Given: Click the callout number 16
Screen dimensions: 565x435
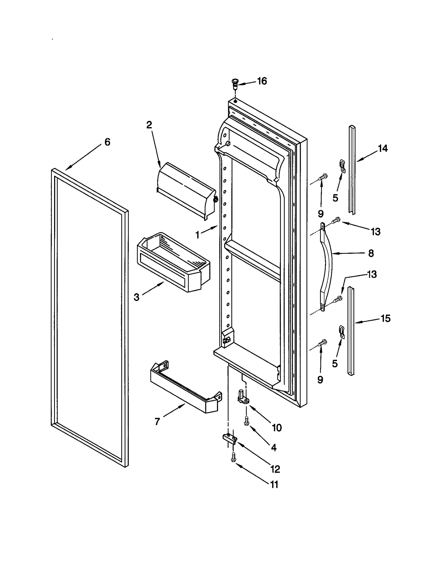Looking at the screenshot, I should (262, 81).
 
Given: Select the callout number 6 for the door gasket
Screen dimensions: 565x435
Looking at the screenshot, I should (107, 142).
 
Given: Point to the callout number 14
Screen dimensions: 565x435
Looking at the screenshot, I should (383, 148).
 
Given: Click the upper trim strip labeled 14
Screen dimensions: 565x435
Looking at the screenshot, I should (352, 169).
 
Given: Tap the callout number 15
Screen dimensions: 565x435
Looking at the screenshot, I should (386, 318).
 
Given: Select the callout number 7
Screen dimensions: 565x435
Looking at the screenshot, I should (157, 422).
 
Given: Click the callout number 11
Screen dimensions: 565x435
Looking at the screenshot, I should (274, 485).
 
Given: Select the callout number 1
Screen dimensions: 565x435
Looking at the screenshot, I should (198, 235).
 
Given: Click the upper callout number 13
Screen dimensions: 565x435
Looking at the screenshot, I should (376, 232).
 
